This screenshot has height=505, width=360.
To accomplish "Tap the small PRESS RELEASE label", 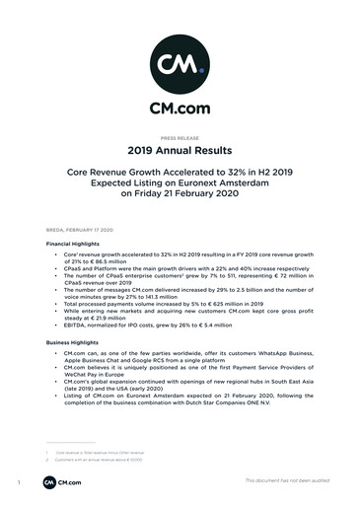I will [180, 140].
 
